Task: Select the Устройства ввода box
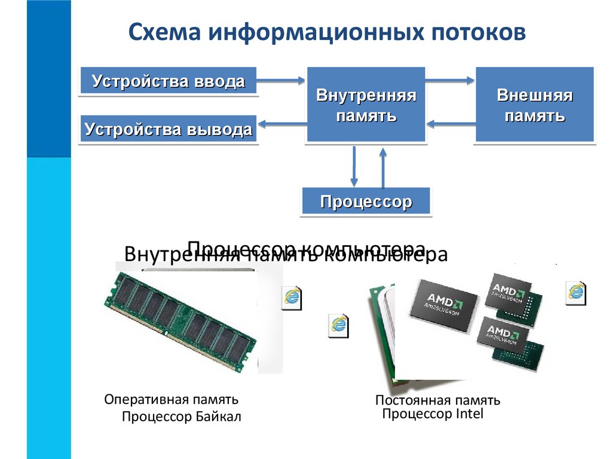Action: pyautogui.click(x=168, y=81)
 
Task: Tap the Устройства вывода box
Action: pyautogui.click(x=168, y=129)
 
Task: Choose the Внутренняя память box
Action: pyautogui.click(x=366, y=105)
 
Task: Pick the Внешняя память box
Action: pyautogui.click(x=534, y=105)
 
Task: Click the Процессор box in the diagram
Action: pyautogui.click(x=366, y=201)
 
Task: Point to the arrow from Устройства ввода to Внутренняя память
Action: pyautogui.click(x=281, y=79)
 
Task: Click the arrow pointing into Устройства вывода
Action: pyautogui.click(x=281, y=124)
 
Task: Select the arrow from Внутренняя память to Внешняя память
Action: pyautogui.click(x=450, y=79)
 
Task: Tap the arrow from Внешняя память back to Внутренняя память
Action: pyautogui.click(x=451, y=124)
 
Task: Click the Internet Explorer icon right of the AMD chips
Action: pyautogui.click(x=576, y=290)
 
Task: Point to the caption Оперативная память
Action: pyautogui.click(x=172, y=399)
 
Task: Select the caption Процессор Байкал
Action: pyautogui.click(x=181, y=417)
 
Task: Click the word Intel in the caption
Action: pyautogui.click(x=469, y=414)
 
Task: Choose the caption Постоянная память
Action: pyautogui.click(x=437, y=400)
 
